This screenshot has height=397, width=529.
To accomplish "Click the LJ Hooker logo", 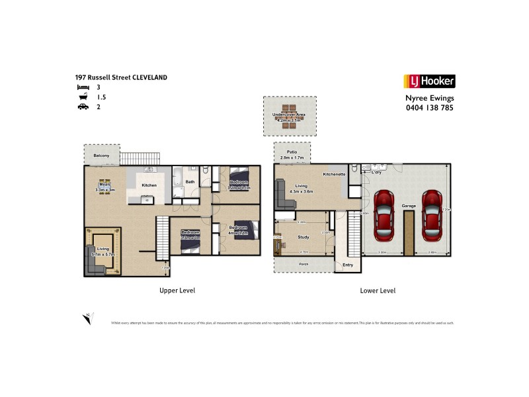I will [x=429, y=81].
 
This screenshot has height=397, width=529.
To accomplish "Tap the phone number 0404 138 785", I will [x=429, y=108].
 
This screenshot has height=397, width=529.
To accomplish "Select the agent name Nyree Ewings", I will [x=429, y=98].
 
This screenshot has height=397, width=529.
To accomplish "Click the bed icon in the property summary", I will [x=83, y=87].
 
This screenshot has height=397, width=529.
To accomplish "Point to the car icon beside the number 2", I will [x=83, y=107].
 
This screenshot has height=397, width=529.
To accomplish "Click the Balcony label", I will [x=101, y=155].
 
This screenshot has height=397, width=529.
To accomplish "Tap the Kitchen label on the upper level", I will [x=149, y=185].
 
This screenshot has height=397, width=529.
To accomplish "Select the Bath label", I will [x=190, y=182].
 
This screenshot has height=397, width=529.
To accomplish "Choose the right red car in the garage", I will [x=432, y=215].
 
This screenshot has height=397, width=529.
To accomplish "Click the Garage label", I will [x=409, y=206].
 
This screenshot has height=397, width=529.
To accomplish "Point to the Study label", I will [x=304, y=236].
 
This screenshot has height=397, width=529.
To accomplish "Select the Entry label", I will [x=347, y=265].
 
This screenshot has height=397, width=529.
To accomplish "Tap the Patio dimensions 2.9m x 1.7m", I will [x=292, y=158].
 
